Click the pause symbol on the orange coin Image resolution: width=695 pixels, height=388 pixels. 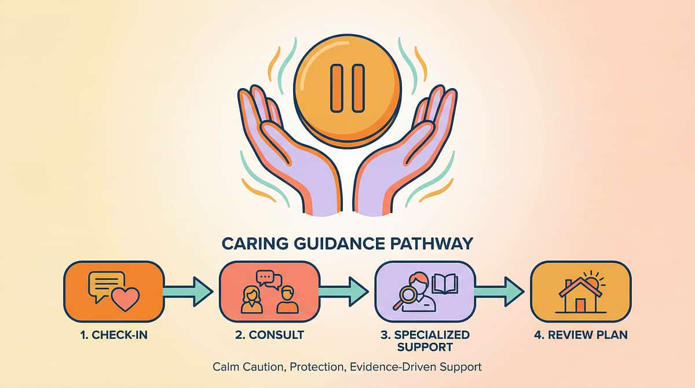coord(347,87)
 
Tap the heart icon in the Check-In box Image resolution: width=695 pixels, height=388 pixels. coord(125,299)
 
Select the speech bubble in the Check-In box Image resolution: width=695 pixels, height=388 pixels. coord(105,286)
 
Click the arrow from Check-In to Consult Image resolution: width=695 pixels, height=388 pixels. coord(188,291)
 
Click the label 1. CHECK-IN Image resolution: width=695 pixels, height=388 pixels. coord(114,335)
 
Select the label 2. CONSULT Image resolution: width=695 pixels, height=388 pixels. coord(270,335)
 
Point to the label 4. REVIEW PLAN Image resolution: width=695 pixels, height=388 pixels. coord(581,335)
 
